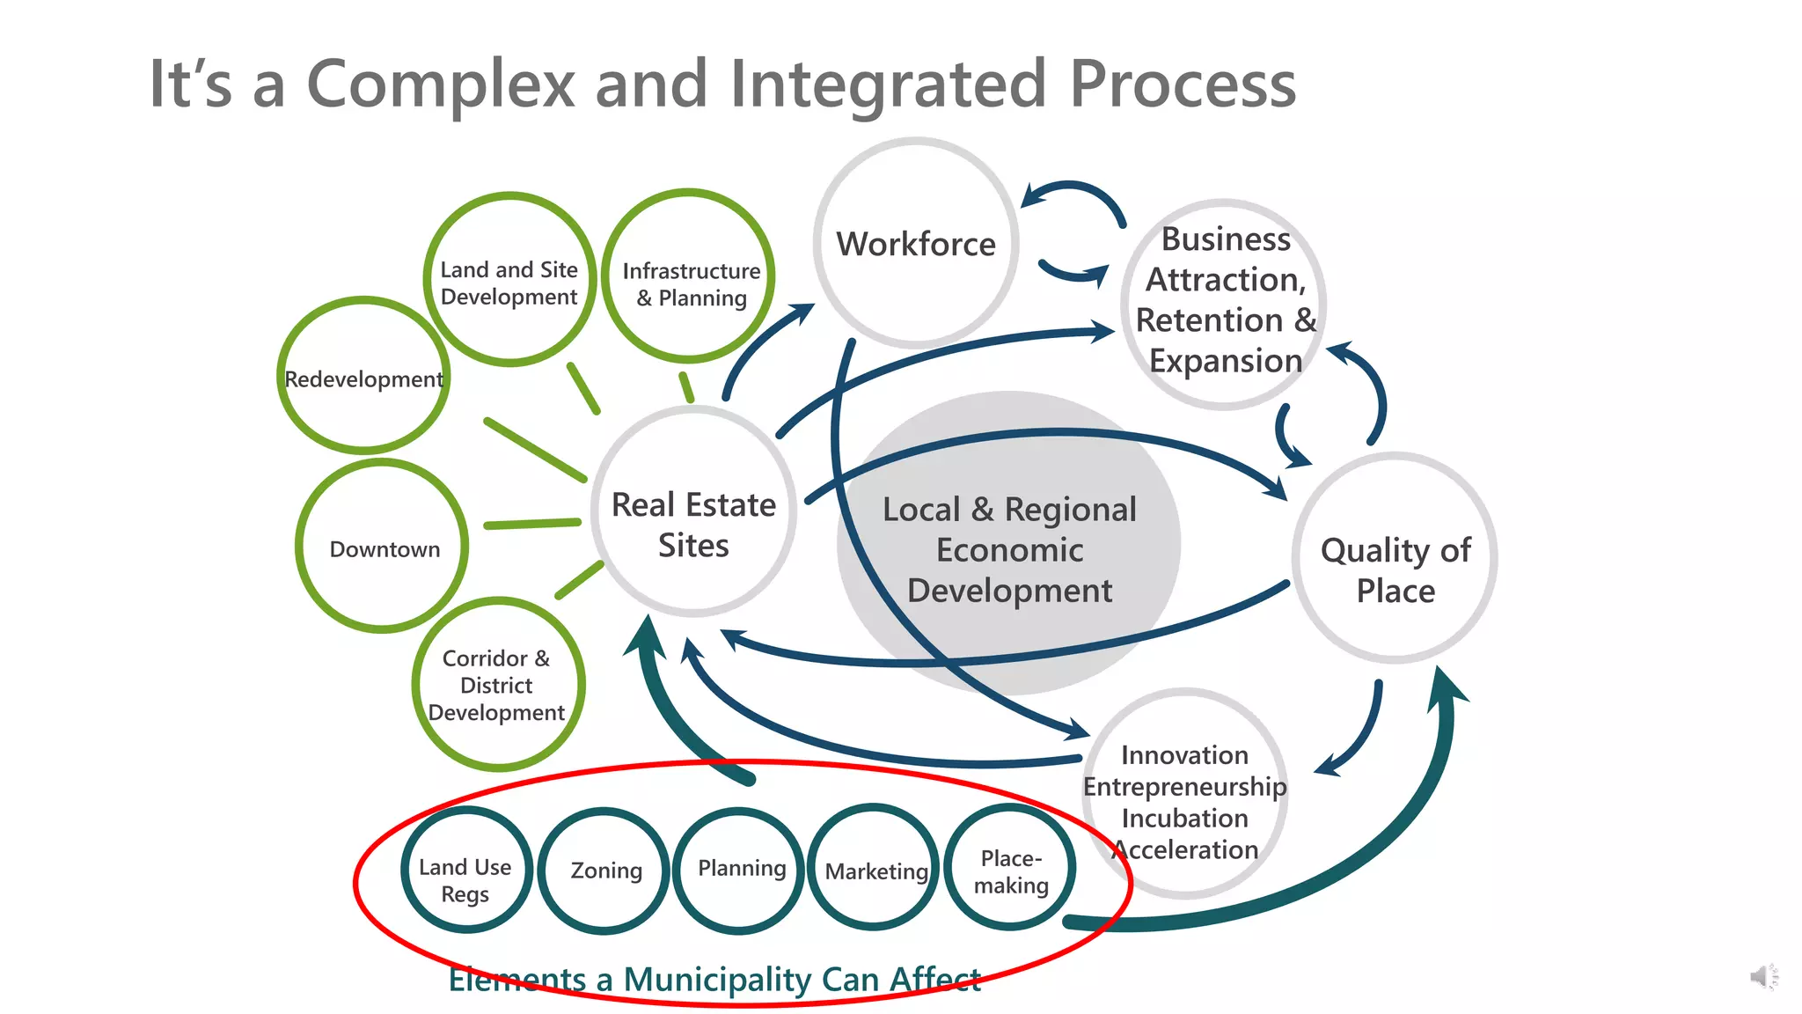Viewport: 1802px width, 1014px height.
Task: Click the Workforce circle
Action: (x=916, y=244)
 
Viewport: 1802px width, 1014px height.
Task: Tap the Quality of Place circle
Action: (x=1395, y=558)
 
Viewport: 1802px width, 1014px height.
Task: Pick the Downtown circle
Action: (x=383, y=547)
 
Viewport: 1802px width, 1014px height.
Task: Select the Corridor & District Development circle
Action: (x=497, y=685)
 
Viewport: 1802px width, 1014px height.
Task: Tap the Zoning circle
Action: (x=604, y=871)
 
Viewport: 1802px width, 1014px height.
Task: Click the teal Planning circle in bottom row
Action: (x=740, y=870)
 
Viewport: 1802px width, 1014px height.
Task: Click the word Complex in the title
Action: (x=440, y=84)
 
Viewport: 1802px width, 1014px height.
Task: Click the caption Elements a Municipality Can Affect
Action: (x=714, y=980)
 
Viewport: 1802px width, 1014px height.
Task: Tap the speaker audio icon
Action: (x=1762, y=977)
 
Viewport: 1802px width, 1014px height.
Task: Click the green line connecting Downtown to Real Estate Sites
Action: (x=531, y=524)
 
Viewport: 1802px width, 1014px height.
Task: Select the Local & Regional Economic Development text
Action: (x=1009, y=550)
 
